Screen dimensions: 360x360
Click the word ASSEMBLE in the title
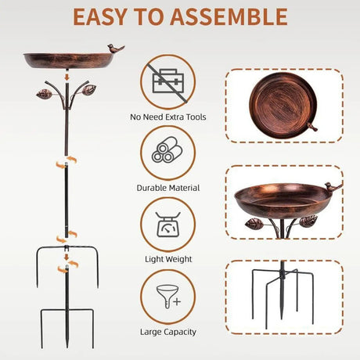point(229,17)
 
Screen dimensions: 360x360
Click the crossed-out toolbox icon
point(168,81)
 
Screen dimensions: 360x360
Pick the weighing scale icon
point(168,224)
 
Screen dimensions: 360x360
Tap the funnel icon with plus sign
point(169,297)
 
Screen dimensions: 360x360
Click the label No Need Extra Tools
point(168,117)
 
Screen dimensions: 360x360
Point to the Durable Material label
point(168,188)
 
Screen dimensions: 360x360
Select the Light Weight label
point(168,259)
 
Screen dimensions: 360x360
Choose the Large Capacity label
point(168,332)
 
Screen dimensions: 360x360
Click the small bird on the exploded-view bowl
point(116,49)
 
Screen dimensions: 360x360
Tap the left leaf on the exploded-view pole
point(44,94)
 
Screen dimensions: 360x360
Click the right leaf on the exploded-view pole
point(89,90)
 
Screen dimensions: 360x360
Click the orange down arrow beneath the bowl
point(67,77)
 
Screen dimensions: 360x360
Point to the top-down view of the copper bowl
point(283,105)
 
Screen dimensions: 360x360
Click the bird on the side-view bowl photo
point(333,187)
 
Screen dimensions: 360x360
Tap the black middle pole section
point(67,200)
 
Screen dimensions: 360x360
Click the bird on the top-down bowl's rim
point(312,127)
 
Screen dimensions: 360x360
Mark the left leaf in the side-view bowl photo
point(254,224)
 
